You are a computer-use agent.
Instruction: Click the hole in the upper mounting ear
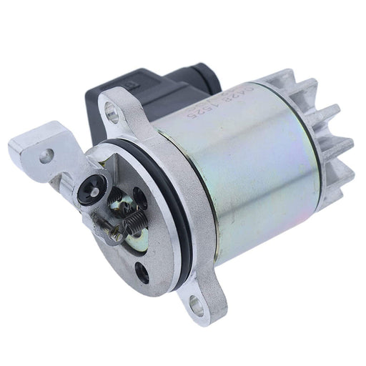(112, 109)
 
